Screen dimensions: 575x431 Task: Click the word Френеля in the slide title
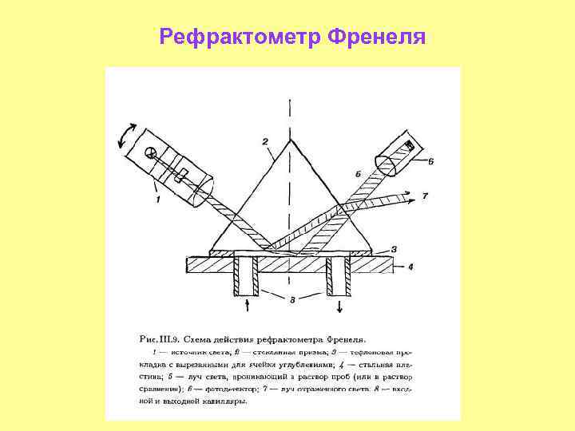(x=375, y=38)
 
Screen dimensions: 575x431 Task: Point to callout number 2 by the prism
(x=264, y=142)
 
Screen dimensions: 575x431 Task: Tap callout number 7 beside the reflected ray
(x=425, y=196)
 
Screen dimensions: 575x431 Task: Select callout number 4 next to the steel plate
(x=410, y=267)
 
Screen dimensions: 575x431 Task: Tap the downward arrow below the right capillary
(x=340, y=305)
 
